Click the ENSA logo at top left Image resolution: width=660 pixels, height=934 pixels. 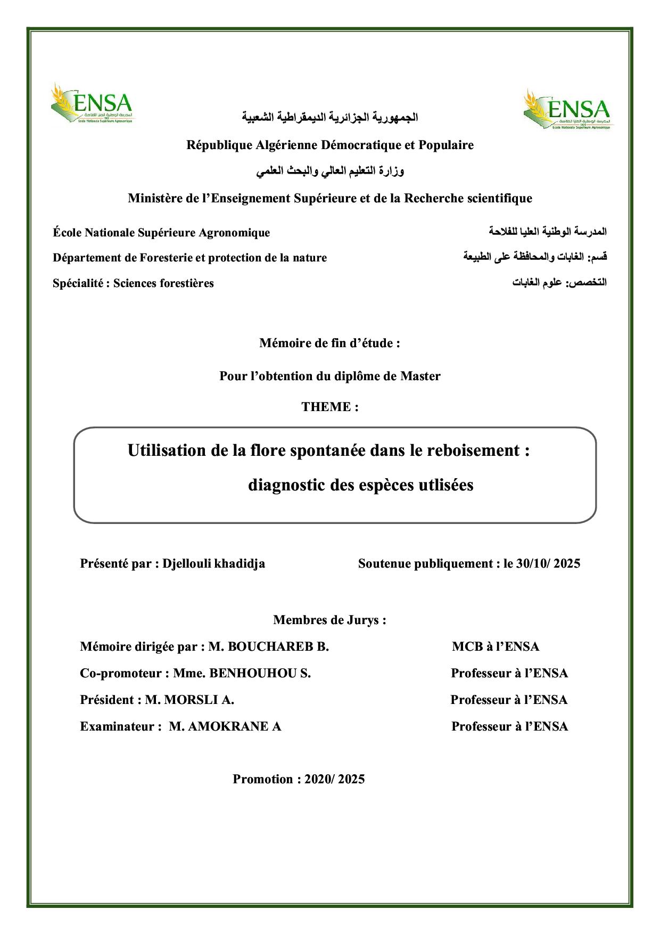(92, 103)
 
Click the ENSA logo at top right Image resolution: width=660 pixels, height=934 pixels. (568, 110)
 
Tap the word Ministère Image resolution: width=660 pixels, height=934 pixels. (154, 199)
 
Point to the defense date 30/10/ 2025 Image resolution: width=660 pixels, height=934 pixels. (548, 563)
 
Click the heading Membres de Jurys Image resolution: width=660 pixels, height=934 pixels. (329, 620)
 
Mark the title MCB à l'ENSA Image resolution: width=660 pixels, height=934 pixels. (496, 646)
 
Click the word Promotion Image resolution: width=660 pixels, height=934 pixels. (263, 779)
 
